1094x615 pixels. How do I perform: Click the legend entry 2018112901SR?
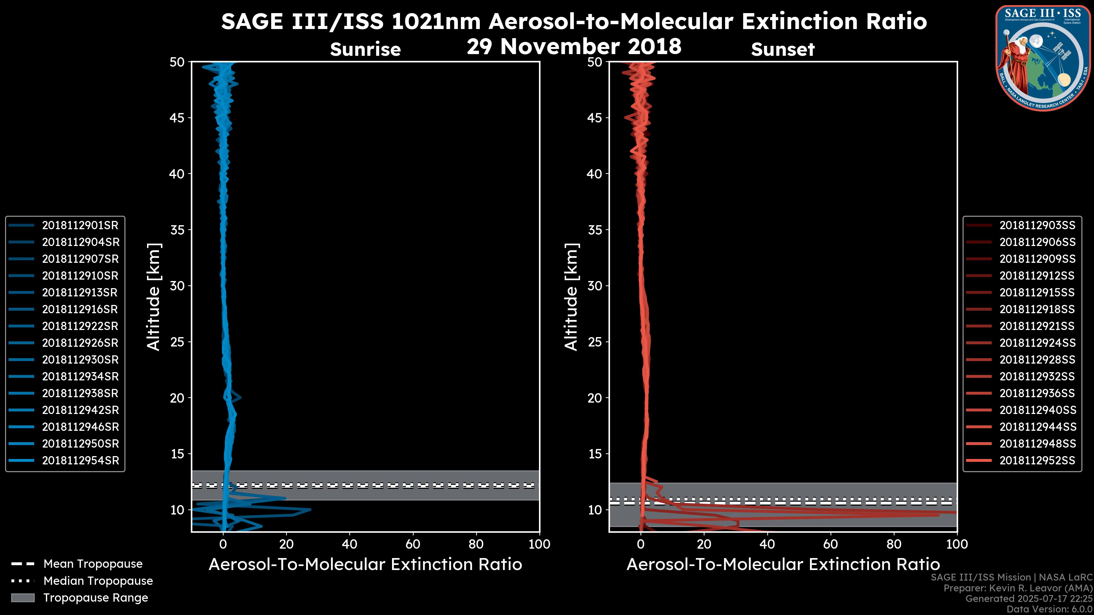tap(80, 225)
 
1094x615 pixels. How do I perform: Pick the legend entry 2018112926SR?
tap(80, 343)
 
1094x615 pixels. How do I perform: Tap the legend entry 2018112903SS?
tap(1037, 225)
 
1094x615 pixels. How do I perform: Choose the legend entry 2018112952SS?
tap(1037, 460)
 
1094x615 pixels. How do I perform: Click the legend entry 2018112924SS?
tap(1037, 343)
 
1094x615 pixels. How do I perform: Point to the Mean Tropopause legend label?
tap(93, 564)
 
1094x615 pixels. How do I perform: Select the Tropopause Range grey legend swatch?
tap(23, 598)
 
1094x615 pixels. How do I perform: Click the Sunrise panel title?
tap(365, 49)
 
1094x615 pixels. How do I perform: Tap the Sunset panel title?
tap(783, 49)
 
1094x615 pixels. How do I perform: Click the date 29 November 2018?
tap(574, 47)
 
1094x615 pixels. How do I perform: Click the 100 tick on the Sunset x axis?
tap(957, 544)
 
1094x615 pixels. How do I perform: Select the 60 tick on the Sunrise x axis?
tap(413, 544)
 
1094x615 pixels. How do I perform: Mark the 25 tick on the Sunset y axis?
tap(595, 342)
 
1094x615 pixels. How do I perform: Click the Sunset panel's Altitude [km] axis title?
tap(572, 297)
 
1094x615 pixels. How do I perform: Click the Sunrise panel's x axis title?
tap(365, 565)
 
